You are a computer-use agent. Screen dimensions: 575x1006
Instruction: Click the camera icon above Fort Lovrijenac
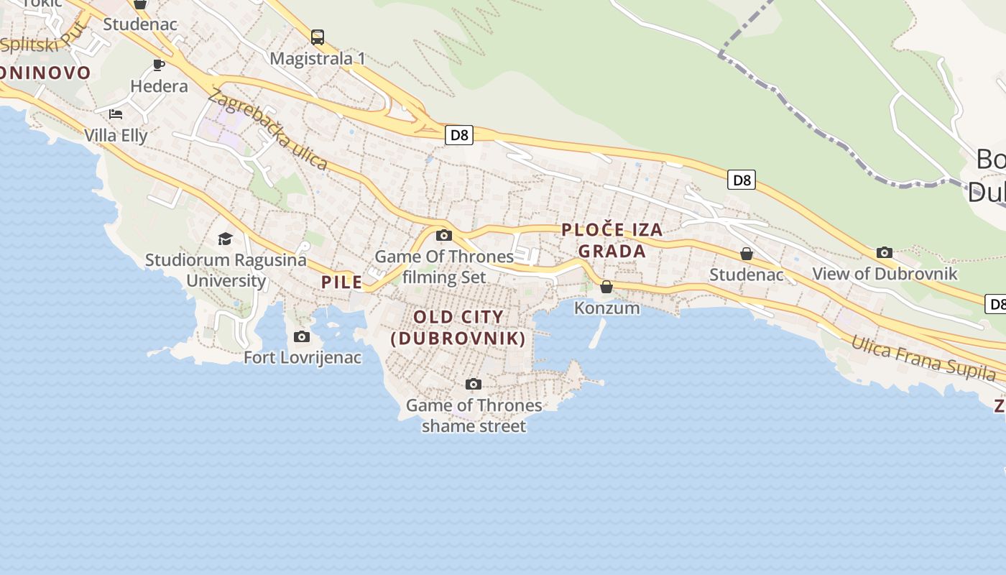click(x=302, y=336)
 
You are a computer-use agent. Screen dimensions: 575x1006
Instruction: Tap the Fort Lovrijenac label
click(x=303, y=357)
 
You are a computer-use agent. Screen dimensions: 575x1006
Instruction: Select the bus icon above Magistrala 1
click(x=318, y=37)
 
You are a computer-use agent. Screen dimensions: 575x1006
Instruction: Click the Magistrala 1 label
click(x=318, y=59)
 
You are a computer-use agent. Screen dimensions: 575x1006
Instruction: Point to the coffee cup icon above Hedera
click(x=159, y=65)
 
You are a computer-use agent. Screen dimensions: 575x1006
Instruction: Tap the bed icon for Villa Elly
click(x=116, y=114)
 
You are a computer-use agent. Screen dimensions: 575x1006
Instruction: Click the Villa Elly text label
click(x=116, y=135)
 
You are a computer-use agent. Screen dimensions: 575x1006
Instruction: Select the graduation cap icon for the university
click(x=226, y=239)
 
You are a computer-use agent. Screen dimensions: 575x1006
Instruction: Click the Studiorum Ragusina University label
click(x=226, y=270)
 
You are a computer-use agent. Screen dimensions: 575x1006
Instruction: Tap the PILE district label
click(x=342, y=282)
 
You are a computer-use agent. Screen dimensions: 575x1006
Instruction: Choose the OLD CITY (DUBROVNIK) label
click(x=458, y=327)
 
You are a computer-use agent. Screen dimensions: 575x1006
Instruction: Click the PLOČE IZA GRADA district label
click(x=612, y=241)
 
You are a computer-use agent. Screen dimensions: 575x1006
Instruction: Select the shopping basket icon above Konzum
click(x=606, y=287)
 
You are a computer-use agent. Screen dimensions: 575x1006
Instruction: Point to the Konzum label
click(x=606, y=308)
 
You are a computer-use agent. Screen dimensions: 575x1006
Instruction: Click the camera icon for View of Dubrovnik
click(x=885, y=252)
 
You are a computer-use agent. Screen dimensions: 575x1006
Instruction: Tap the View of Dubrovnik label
click(x=885, y=274)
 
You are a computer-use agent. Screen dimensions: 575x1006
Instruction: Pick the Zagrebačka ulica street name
click(x=267, y=129)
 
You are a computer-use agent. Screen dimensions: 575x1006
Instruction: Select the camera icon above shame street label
click(x=473, y=384)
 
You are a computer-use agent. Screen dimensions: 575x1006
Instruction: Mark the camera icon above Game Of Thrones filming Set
click(x=444, y=235)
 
